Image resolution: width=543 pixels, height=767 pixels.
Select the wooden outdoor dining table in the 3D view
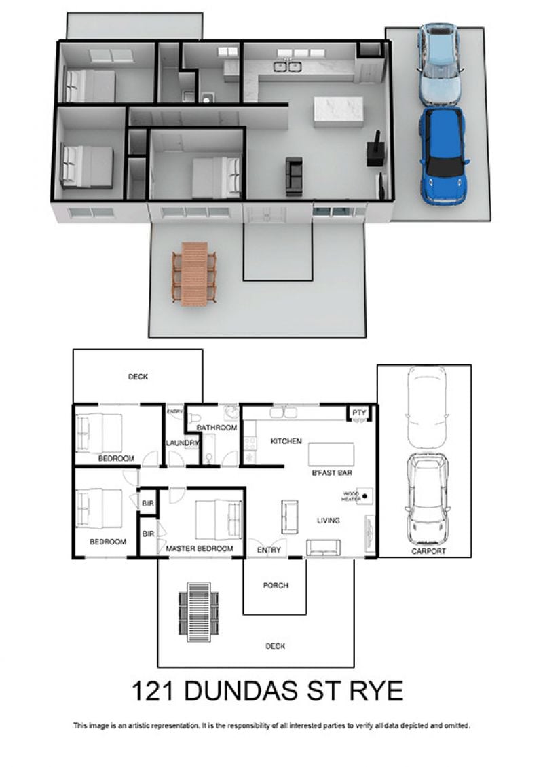pos(194,274)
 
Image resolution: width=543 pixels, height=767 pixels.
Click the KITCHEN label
pos(286,441)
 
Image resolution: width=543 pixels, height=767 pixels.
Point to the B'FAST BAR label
pos(332,473)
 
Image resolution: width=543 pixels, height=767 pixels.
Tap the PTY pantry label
pos(359,413)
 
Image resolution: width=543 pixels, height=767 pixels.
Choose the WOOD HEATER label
pos(351,496)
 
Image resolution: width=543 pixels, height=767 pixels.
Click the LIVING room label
pos(328,521)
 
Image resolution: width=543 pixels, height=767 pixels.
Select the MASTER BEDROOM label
pos(199,549)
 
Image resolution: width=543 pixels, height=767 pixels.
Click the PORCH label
pos(276,586)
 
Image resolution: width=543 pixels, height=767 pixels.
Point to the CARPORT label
pos(428,551)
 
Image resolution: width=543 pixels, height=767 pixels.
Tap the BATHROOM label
pos(217,428)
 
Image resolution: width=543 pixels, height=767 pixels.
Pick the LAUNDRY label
pos(182,443)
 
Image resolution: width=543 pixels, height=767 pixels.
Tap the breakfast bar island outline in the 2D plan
pos(331,454)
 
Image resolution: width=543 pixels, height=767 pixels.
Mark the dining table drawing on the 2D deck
pos(199,612)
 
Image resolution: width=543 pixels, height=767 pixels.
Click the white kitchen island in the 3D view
pos(338,112)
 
